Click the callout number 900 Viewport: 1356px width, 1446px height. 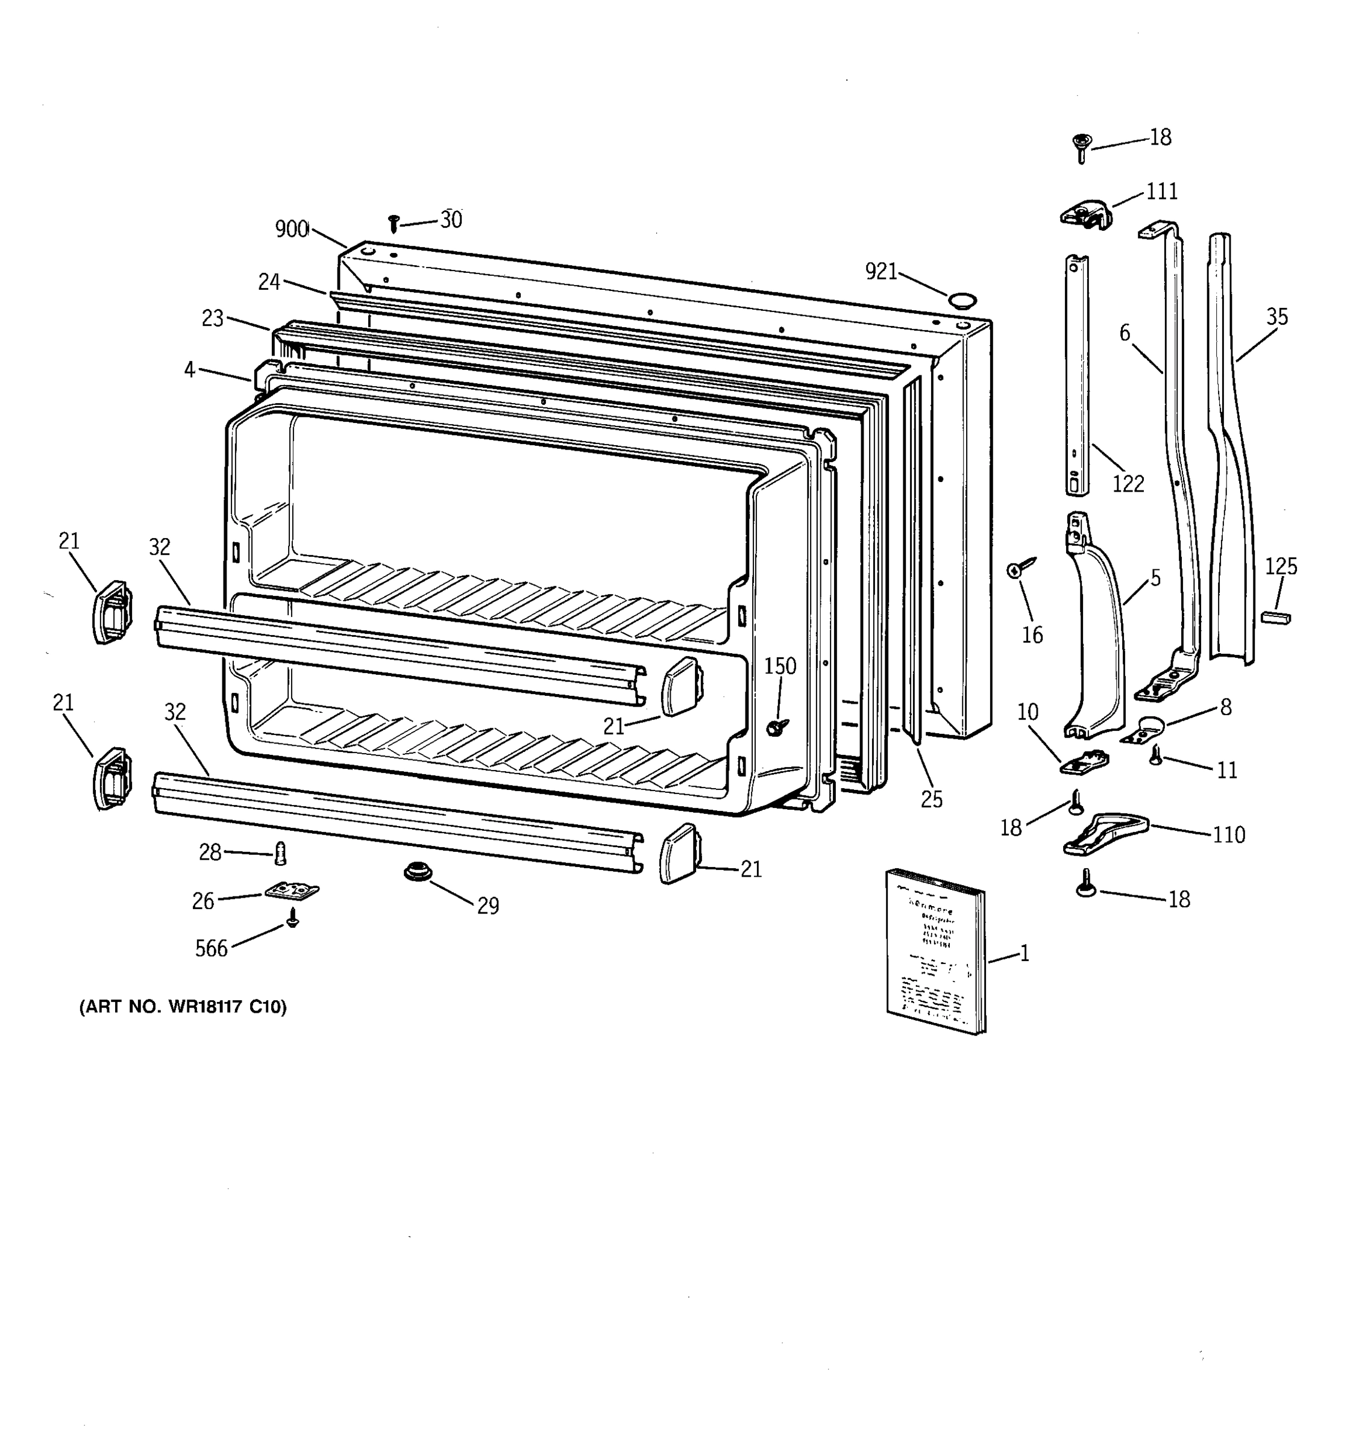[x=292, y=229]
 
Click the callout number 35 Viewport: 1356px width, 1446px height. [x=1276, y=316]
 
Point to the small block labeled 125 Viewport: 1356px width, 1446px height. [x=1276, y=618]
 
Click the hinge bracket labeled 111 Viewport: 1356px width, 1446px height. [x=1085, y=214]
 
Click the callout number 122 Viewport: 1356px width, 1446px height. [x=1128, y=483]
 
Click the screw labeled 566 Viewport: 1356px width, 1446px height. [x=293, y=918]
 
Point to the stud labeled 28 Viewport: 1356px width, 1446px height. [x=281, y=853]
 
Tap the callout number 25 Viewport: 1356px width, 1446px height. [x=931, y=800]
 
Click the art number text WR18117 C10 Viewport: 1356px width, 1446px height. [x=183, y=1007]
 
